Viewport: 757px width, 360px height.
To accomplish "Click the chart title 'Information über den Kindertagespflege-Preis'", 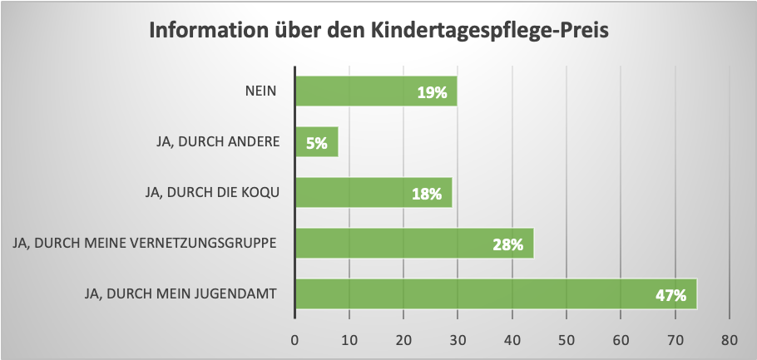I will pos(378,32).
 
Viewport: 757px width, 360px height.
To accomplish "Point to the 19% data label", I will pos(432,93).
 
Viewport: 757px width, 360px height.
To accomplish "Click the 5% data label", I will pos(316,143).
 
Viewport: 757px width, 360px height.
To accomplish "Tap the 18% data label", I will pos(427,194).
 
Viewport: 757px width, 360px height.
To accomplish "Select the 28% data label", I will pos(507,244).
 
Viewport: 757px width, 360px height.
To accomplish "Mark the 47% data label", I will pos(670,295).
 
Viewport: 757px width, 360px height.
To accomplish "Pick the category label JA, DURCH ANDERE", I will pos(216,142).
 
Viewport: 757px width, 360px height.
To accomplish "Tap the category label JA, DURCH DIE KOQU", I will pos(211,192).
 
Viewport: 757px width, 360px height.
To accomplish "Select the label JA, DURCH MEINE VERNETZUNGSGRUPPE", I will pos(141,244).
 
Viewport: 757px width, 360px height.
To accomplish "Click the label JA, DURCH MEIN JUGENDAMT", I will pos(181,293).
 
